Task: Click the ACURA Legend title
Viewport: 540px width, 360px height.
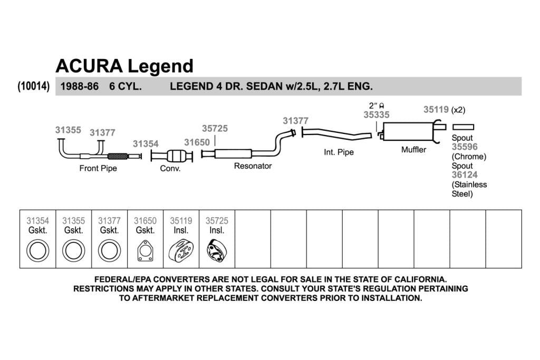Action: click(124, 66)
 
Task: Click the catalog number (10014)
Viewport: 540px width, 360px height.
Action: click(34, 86)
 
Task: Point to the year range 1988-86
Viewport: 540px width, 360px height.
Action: click(80, 86)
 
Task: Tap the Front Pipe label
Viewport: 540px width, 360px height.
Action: click(98, 168)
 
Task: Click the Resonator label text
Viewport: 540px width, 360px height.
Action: click(253, 166)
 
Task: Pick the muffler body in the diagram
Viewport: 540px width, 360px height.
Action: click(408, 131)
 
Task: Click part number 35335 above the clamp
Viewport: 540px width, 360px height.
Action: click(377, 114)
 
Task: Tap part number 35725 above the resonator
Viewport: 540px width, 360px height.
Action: click(215, 129)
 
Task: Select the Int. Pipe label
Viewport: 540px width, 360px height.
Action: click(339, 152)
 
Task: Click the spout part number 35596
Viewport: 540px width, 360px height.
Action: click(465, 147)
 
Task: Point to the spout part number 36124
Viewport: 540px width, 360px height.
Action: click(465, 175)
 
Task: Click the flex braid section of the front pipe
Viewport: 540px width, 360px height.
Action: click(118, 156)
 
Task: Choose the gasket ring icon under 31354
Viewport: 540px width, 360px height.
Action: click(37, 250)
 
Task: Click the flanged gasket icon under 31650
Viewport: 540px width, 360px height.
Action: click(146, 250)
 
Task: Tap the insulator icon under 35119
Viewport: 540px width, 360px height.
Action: click(181, 251)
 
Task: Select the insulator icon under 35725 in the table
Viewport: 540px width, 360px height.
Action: click(217, 251)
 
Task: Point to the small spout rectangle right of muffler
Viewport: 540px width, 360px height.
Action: click(463, 127)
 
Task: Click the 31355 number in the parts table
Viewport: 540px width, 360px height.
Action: click(73, 221)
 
